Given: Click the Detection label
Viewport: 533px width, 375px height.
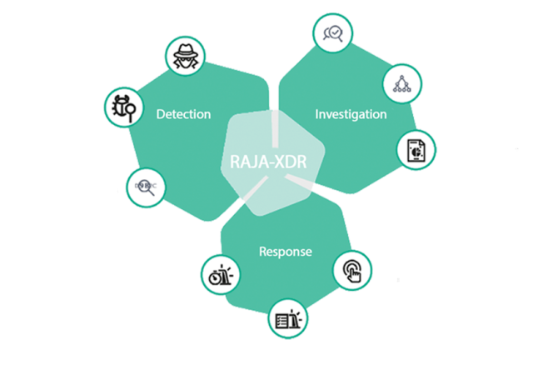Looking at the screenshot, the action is (x=183, y=114).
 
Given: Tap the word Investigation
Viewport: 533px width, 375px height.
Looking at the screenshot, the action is (x=351, y=115).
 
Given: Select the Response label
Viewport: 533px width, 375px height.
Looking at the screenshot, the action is (x=286, y=252).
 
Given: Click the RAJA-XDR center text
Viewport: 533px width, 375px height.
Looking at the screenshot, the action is (x=268, y=162).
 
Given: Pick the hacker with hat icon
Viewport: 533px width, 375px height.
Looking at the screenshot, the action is (x=185, y=57).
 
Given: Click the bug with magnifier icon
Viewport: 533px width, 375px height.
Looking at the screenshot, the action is (x=124, y=107).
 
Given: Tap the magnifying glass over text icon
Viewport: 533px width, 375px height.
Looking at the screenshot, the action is (x=146, y=187).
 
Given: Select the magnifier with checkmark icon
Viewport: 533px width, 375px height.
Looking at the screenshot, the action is (x=333, y=33).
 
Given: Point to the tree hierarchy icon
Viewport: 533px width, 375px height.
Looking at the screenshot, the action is (x=402, y=83).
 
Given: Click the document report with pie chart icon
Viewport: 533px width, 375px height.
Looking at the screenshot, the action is (x=416, y=150).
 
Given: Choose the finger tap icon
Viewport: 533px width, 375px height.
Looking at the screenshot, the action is (x=352, y=271).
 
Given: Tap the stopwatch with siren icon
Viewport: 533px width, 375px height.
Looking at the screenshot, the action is (x=221, y=275).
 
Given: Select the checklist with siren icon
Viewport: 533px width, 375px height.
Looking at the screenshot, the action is (x=288, y=319).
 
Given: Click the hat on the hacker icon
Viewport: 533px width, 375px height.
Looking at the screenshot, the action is (x=185, y=51).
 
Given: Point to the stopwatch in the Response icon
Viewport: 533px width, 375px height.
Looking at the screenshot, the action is (x=215, y=277).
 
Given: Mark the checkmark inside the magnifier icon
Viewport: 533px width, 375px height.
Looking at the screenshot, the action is (x=336, y=32).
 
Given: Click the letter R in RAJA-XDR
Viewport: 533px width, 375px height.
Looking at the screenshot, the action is (x=235, y=162).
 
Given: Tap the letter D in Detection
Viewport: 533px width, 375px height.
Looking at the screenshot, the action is (x=161, y=114).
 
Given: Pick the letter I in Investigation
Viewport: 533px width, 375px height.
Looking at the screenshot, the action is (x=316, y=114).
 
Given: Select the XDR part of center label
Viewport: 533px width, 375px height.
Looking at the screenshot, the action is (x=291, y=162).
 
